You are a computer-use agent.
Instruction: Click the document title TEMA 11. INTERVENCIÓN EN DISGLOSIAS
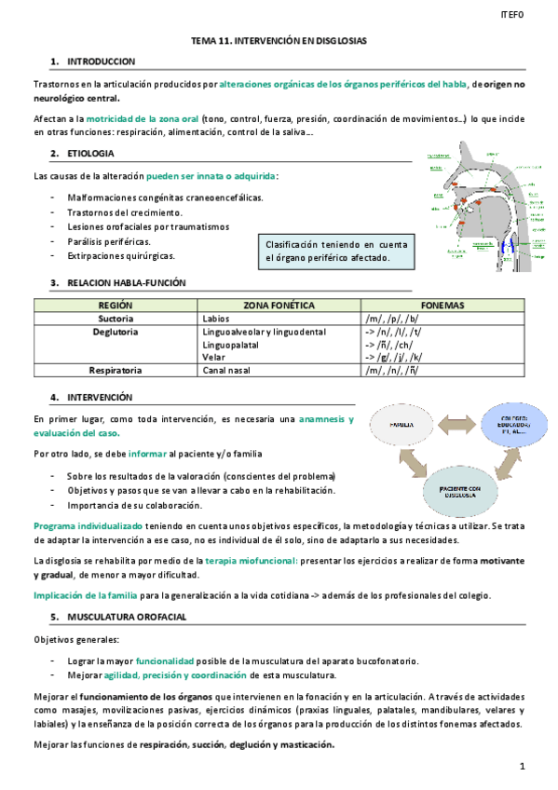[279, 42]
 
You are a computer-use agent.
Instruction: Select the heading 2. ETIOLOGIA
[90, 153]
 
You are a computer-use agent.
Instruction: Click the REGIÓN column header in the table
[116, 305]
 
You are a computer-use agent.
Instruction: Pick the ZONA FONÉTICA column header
[279, 305]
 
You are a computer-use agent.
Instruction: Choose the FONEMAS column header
[442, 305]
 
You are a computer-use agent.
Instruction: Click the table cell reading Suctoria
[116, 318]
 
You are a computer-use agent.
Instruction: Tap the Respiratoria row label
[116, 370]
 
